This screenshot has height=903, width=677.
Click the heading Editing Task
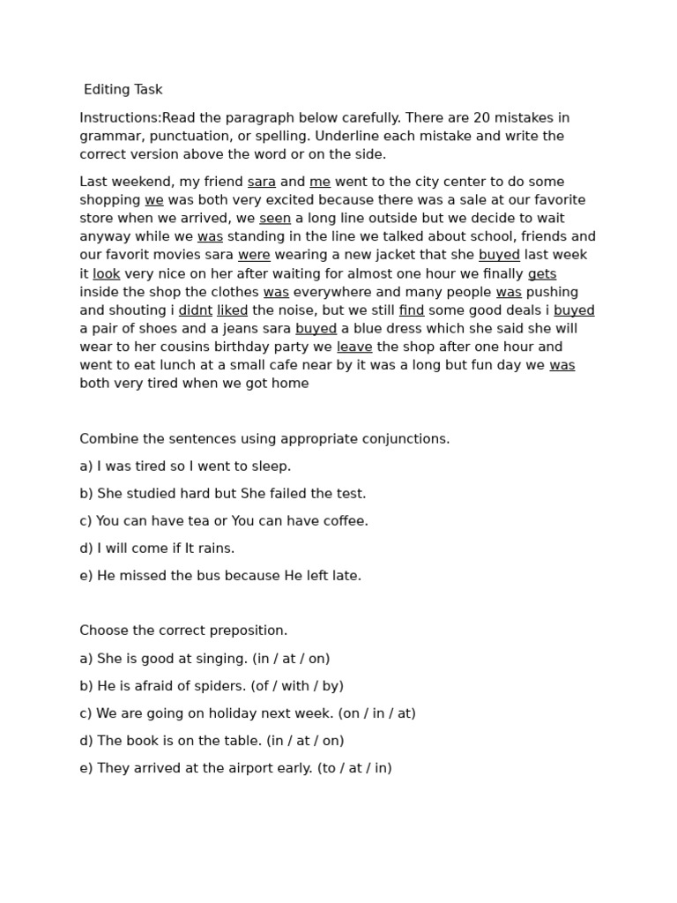pos(123,90)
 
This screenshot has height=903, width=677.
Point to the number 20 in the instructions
pos(464,118)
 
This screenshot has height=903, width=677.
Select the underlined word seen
pos(275,219)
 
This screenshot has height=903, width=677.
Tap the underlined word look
pos(106,274)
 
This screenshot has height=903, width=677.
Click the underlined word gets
pos(542,274)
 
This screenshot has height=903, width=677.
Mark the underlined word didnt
pos(196,310)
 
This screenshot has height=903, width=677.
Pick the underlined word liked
pos(233,310)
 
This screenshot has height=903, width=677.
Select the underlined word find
pos(412,310)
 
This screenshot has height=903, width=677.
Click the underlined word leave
pos(354,347)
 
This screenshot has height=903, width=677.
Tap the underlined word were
pos(254,256)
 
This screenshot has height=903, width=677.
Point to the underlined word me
pos(320,182)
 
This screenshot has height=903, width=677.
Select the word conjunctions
pos(407,439)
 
